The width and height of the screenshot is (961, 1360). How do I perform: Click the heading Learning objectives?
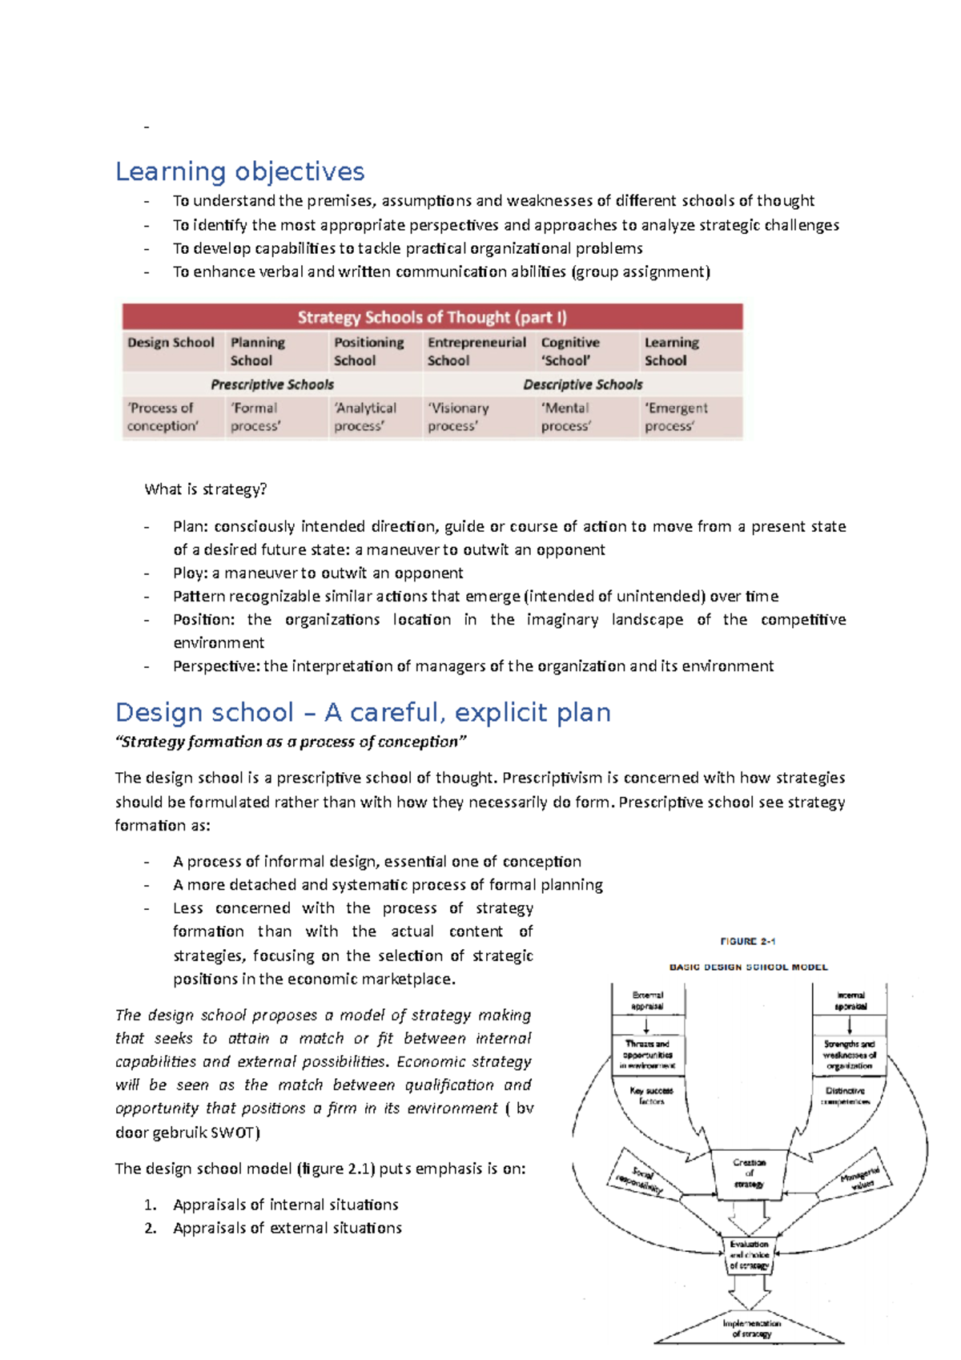point(239,171)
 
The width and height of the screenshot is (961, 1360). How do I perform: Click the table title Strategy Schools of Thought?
point(432,317)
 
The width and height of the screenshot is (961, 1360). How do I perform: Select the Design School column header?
point(171,343)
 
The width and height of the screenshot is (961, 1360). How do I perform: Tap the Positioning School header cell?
point(368,351)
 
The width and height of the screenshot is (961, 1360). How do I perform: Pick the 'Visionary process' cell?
point(458,416)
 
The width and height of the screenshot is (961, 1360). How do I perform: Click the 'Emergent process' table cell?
point(676,416)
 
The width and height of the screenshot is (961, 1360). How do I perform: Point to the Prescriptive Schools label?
point(272,384)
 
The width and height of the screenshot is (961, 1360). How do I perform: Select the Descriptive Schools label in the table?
point(582,384)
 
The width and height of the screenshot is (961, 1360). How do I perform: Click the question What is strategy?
point(205,489)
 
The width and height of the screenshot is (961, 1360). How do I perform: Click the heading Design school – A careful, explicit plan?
point(363,712)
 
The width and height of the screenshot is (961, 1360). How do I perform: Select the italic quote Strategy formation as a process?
point(290,742)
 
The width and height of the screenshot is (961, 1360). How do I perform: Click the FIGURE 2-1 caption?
point(747,941)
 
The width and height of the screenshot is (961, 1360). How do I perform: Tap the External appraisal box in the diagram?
point(647,1000)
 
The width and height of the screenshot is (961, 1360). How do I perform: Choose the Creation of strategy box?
point(749,1173)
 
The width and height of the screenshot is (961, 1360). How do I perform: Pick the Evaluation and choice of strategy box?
point(749,1255)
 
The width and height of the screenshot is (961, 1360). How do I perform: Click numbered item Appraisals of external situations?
point(287,1228)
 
